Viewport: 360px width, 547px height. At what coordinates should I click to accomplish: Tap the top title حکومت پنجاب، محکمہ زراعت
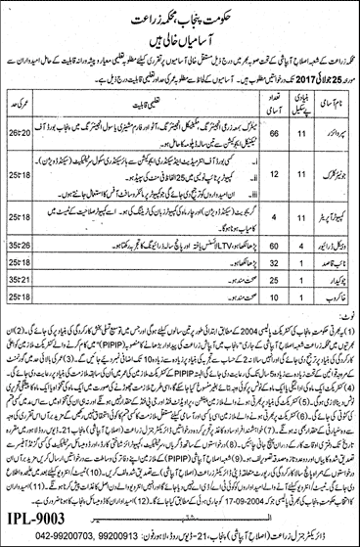[x=181, y=15]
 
